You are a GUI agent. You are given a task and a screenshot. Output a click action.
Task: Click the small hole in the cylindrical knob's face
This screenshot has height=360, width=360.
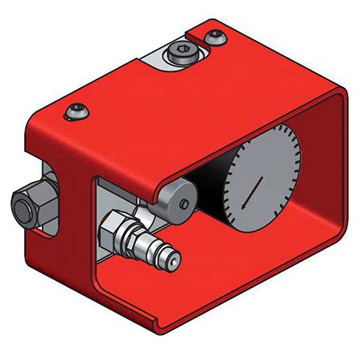coord(185,205)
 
